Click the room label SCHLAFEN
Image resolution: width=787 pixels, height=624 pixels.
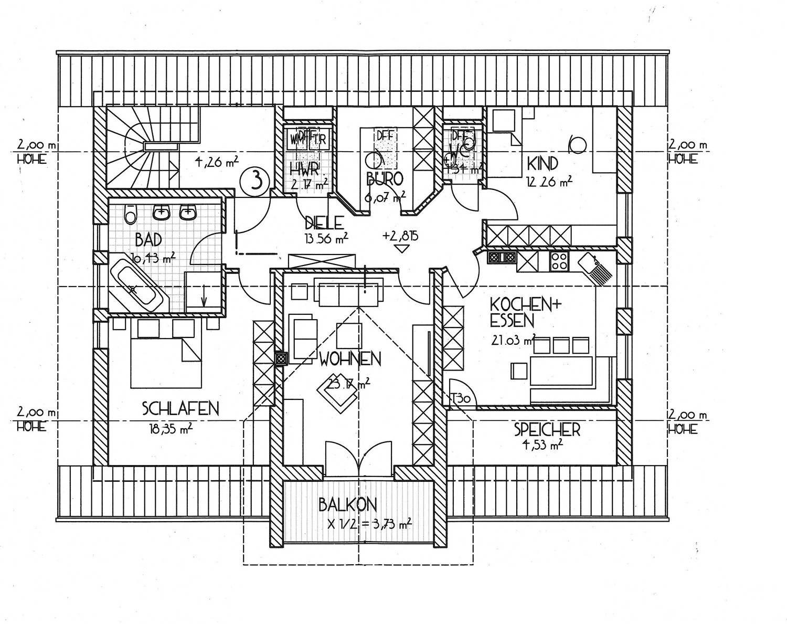180,408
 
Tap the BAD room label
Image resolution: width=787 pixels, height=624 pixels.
148,240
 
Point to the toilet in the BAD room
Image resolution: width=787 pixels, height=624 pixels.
130,214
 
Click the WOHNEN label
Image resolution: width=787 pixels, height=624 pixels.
350,359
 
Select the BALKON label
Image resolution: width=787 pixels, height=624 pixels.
347,505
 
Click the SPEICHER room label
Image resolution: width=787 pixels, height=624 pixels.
547,430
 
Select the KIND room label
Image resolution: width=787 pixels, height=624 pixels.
543,164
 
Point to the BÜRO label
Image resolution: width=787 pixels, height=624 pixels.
385,179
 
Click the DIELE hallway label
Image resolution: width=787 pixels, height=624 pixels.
324,223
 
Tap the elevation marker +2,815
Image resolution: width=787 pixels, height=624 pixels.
401,236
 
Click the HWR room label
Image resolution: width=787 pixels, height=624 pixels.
304,168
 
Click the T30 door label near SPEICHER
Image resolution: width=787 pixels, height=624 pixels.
462,398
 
